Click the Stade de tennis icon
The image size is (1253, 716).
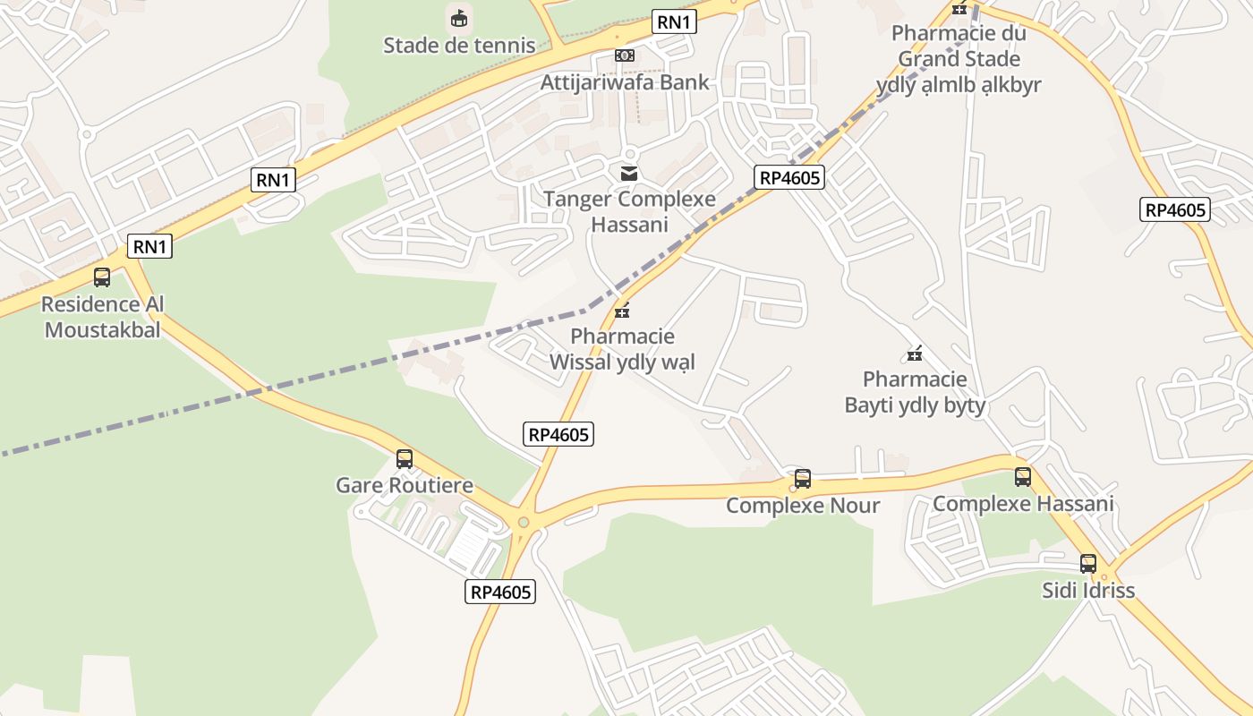(459, 18)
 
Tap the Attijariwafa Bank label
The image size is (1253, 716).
(624, 82)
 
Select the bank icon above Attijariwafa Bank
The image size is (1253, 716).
(624, 55)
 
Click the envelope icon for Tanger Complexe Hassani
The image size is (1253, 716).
(629, 173)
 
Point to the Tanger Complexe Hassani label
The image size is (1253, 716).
(629, 211)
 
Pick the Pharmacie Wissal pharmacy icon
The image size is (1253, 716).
(622, 311)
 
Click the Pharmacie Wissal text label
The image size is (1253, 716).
(622, 349)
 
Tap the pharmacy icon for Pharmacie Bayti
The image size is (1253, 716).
(915, 354)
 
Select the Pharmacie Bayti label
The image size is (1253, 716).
(915, 392)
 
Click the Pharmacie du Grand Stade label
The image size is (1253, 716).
(959, 59)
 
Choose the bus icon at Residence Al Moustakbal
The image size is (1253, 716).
(102, 277)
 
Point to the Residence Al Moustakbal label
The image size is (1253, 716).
(102, 317)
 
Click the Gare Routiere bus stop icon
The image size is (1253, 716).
(405, 459)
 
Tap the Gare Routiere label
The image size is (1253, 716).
(405, 485)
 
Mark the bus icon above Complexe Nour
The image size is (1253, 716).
(803, 479)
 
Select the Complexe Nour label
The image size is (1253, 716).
(803, 506)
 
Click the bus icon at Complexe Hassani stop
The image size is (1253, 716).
(1023, 477)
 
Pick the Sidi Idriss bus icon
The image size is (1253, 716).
(1088, 564)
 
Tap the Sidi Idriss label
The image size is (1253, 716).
(1088, 591)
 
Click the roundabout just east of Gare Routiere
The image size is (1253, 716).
(524, 523)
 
